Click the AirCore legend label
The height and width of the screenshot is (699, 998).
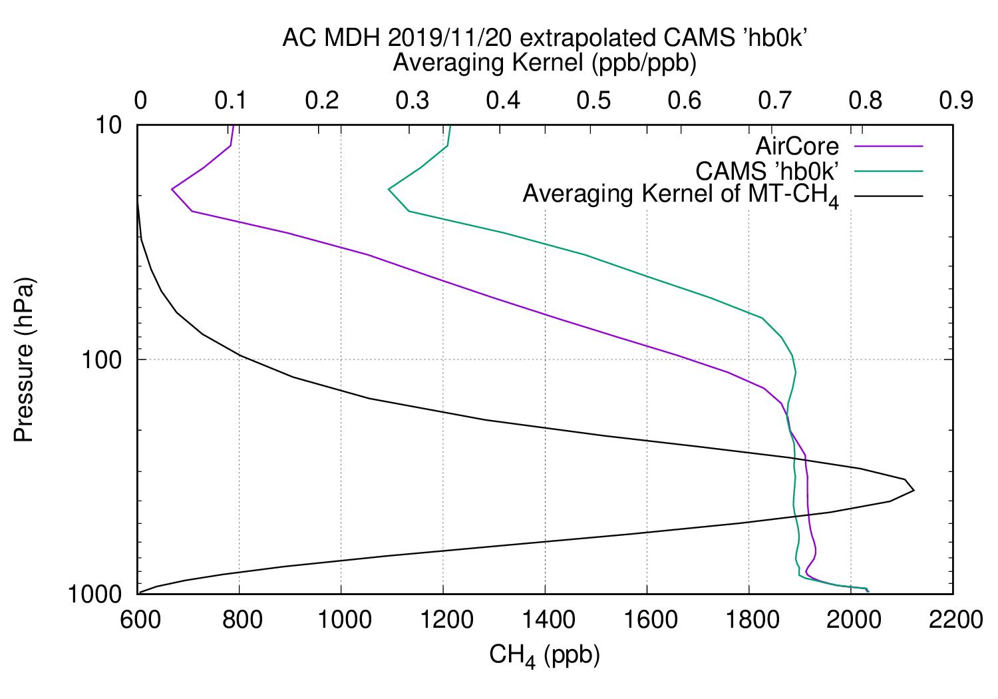pyautogui.click(x=797, y=146)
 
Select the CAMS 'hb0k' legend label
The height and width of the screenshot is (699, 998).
pyautogui.click(x=767, y=170)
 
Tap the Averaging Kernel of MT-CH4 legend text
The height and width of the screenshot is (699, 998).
pyautogui.click(x=681, y=196)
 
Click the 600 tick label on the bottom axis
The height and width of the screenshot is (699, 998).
pyautogui.click(x=137, y=620)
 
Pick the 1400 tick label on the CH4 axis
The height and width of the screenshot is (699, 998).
pyautogui.click(x=545, y=620)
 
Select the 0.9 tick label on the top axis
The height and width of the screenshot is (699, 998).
pyautogui.click(x=953, y=100)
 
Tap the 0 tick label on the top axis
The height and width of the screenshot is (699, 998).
pyautogui.click(x=140, y=100)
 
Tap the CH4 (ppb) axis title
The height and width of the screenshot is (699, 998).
pyautogui.click(x=544, y=656)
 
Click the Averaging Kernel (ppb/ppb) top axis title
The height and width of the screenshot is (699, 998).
pyautogui.click(x=544, y=63)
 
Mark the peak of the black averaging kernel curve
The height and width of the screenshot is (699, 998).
pyautogui.click(x=914, y=491)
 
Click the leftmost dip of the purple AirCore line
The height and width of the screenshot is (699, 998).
pyautogui.click(x=172, y=190)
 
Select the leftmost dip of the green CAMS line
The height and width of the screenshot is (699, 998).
pyautogui.click(x=389, y=190)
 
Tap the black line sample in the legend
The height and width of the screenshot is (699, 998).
pyautogui.click(x=890, y=196)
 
